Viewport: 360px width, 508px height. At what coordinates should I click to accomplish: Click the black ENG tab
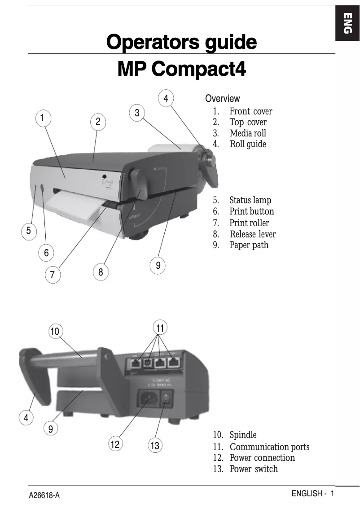[x=347, y=24]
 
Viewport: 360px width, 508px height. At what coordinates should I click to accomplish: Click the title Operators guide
[x=181, y=42]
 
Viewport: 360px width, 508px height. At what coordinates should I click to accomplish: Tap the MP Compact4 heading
[x=181, y=69]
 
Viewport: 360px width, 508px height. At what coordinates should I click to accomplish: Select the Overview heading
[x=222, y=99]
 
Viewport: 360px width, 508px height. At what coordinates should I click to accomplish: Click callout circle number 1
[x=42, y=118]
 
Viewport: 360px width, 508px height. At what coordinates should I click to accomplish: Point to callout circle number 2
[x=98, y=122]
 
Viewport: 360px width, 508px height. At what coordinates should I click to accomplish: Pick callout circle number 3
[x=137, y=113]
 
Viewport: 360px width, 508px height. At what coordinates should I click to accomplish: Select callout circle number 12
[x=115, y=444]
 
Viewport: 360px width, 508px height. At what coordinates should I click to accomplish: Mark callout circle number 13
[x=155, y=446]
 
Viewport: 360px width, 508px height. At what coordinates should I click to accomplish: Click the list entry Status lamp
[x=250, y=200]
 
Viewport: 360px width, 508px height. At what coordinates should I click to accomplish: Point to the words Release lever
[x=252, y=234]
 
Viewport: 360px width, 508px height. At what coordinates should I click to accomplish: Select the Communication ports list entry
[x=269, y=447]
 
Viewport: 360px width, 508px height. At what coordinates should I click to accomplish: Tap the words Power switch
[x=254, y=469]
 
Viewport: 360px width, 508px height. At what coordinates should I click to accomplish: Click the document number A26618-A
[x=44, y=495]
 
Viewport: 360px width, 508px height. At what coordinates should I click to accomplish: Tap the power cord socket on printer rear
[x=148, y=398]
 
